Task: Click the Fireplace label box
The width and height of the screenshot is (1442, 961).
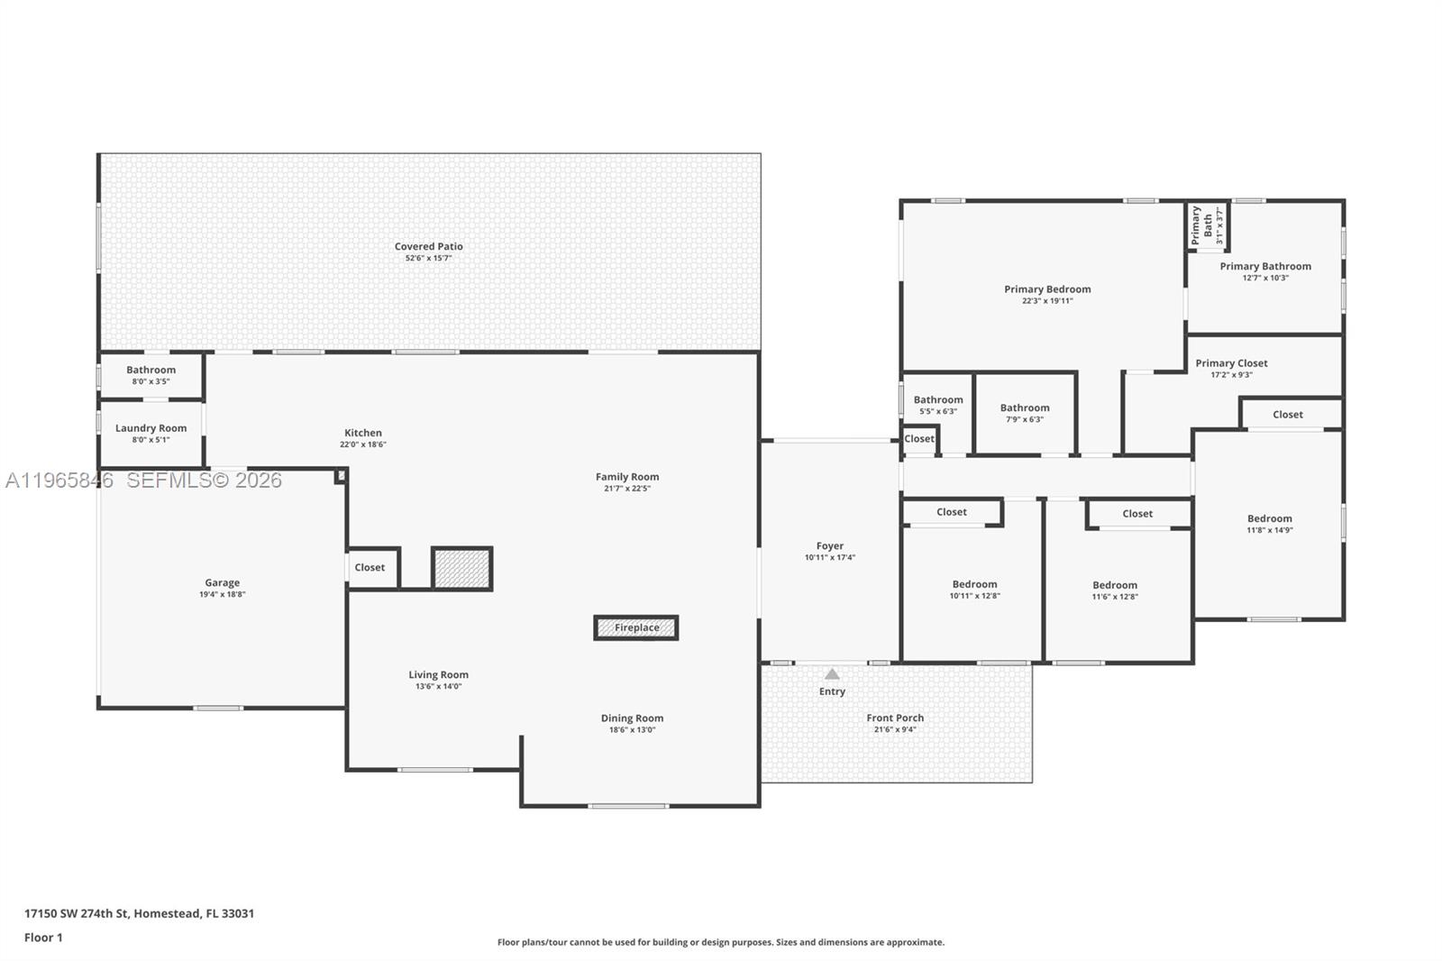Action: click(x=636, y=627)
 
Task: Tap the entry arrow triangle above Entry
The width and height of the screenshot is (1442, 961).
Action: click(x=832, y=673)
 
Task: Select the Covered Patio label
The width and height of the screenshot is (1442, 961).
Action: click(x=429, y=246)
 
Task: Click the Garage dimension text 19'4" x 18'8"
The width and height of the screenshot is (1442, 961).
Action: click(x=222, y=594)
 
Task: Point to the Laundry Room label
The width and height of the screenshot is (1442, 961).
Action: click(x=151, y=427)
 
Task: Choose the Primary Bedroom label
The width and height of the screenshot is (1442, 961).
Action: click(x=1047, y=289)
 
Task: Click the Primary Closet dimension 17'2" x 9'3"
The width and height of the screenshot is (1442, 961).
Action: click(x=1231, y=374)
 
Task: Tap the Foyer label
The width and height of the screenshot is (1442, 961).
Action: click(x=830, y=545)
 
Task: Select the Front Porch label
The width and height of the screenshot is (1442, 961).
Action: click(x=895, y=718)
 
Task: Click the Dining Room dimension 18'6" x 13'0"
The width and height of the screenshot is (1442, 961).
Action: click(x=632, y=729)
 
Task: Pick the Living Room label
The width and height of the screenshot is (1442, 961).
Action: click(x=438, y=674)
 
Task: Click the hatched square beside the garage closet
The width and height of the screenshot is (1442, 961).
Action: click(x=462, y=569)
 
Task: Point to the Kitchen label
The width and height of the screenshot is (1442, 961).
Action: click(x=363, y=433)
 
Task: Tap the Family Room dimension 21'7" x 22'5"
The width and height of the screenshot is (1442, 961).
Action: click(x=627, y=489)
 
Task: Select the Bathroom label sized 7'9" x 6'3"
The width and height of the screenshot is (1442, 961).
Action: click(x=1025, y=407)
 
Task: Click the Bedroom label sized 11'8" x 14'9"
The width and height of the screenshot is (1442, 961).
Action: click(x=1270, y=518)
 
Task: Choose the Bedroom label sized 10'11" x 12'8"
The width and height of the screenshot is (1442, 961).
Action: click(x=974, y=584)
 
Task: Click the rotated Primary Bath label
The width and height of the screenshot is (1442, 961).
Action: click(x=1201, y=224)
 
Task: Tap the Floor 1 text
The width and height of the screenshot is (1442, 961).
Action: click(x=44, y=938)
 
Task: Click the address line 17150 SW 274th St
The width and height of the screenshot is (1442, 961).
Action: click(x=77, y=913)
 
